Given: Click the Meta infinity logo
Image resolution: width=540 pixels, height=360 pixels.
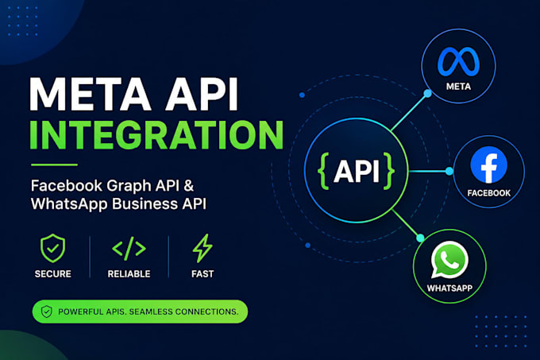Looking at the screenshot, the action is (x=458, y=61).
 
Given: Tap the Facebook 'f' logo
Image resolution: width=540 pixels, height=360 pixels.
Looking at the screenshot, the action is (x=488, y=165).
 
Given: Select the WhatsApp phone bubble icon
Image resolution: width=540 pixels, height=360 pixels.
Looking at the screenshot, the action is (x=449, y=260).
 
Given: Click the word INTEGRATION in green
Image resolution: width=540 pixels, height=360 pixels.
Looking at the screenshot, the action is (x=156, y=135).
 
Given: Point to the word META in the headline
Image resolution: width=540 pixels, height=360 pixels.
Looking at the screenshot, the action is (x=91, y=94).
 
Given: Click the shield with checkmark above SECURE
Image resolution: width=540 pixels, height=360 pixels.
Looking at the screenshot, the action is (x=52, y=248).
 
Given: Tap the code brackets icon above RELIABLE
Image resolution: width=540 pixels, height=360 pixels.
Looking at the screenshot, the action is (x=129, y=248).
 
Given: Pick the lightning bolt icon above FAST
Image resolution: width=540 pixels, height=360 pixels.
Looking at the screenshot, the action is (x=202, y=248).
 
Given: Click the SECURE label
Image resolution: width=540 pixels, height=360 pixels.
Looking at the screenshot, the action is (x=52, y=274).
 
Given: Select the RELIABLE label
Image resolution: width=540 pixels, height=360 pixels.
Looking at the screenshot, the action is (x=129, y=274).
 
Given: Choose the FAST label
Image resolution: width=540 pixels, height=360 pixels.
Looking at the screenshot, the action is (x=202, y=274).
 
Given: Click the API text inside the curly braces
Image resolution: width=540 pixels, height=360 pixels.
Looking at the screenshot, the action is (x=357, y=171).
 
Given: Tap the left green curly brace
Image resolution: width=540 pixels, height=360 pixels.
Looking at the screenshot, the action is (x=323, y=171).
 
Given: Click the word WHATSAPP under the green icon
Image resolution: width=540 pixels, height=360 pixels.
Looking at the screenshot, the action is (x=449, y=288).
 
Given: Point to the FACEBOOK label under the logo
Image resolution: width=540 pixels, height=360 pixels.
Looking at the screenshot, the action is (x=488, y=193).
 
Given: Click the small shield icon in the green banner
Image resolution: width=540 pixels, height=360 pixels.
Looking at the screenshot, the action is (x=47, y=312).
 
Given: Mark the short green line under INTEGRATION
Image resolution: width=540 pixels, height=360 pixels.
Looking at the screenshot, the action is (x=54, y=165).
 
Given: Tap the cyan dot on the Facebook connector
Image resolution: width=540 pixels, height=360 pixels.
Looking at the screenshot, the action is (x=449, y=171).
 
